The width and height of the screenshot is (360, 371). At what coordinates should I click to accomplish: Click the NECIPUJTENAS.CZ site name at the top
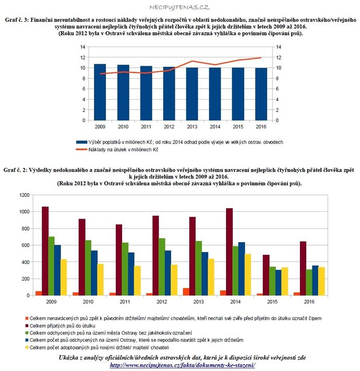click(x=179, y=8)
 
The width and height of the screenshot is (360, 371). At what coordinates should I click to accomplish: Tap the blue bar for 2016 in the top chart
click(x=261, y=94)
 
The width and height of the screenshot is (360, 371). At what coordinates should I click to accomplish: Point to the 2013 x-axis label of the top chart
click(x=192, y=127)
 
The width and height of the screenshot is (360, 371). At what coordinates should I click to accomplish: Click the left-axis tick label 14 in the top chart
click(x=82, y=47)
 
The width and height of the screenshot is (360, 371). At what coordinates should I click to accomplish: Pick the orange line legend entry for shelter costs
click(x=117, y=150)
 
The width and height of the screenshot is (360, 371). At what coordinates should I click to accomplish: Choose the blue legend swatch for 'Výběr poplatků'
click(x=81, y=142)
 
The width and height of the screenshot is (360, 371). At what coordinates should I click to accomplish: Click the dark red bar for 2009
click(x=45, y=251)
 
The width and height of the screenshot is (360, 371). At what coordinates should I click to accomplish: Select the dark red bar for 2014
click(x=229, y=252)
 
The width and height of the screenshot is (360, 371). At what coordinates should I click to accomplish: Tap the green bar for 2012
click(x=162, y=267)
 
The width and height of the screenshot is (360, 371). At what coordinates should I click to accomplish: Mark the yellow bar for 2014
click(x=248, y=274)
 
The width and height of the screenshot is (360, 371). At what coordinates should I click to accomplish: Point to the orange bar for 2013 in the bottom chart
click(x=186, y=292)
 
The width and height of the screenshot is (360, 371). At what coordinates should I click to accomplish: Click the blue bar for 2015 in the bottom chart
click(x=279, y=283)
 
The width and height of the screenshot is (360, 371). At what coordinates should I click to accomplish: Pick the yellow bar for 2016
click(x=321, y=281)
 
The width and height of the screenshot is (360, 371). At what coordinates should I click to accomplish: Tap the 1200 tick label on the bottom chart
click(x=25, y=195)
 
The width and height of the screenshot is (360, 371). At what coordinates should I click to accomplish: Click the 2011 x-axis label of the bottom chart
click(x=125, y=302)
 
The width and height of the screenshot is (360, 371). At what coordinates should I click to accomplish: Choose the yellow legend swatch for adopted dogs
click(x=27, y=348)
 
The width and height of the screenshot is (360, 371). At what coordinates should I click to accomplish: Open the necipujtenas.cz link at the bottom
click(x=183, y=365)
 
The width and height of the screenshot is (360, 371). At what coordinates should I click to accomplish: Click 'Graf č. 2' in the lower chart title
click(x=15, y=170)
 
